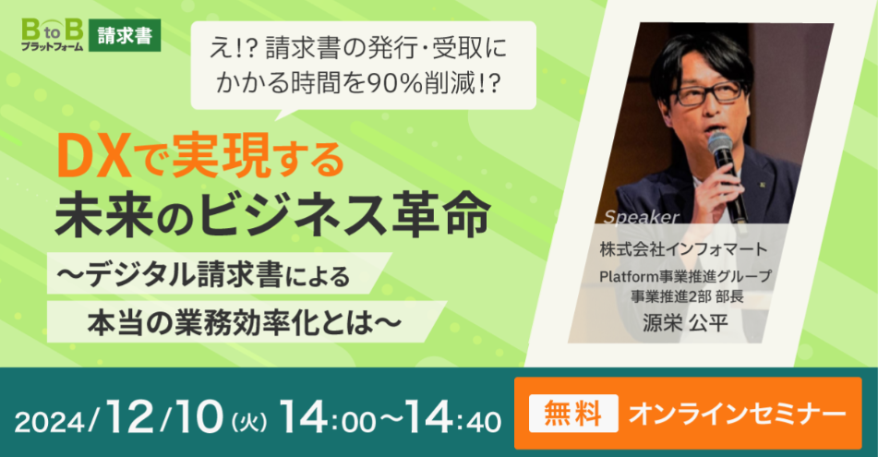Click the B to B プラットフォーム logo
tap(52, 35)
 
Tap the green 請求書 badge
tap(125, 35)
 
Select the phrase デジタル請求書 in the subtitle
tap(184, 275)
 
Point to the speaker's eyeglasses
tap(710, 92)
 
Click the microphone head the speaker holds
tap(720, 145)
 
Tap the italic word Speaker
tap(642, 217)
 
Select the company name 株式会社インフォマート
tap(683, 249)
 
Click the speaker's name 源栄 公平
tap(684, 323)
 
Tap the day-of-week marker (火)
tap(249, 422)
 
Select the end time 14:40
tap(453, 419)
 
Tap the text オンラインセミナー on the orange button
tap(737, 414)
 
